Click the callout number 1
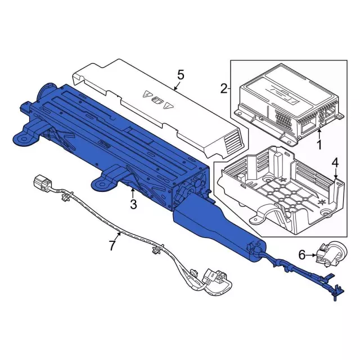tap(319, 146)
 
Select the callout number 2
tap(224, 88)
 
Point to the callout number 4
tap(335, 164)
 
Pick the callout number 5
tap(180, 74)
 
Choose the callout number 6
tap(301, 255)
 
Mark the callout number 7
tap(112, 245)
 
